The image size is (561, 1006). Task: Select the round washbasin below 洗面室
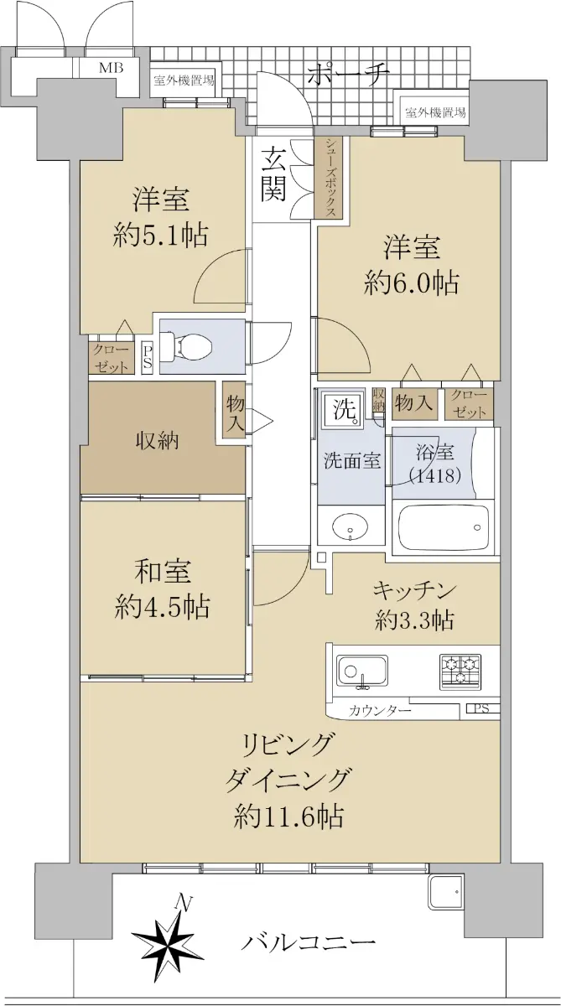(351, 525)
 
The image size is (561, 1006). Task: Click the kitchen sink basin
(363, 672)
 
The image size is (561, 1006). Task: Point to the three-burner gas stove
(460, 672)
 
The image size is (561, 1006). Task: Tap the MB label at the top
(112, 68)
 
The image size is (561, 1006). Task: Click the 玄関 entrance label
(274, 174)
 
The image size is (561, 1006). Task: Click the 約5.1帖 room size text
(160, 235)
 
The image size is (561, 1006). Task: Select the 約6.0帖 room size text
(412, 283)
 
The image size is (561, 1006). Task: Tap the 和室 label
(163, 571)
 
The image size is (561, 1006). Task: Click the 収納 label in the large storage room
(157, 441)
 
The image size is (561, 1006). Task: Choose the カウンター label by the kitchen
(380, 711)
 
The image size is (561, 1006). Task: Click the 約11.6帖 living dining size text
(288, 816)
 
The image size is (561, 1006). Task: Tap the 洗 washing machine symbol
(345, 411)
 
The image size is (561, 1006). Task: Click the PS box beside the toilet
(148, 359)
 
